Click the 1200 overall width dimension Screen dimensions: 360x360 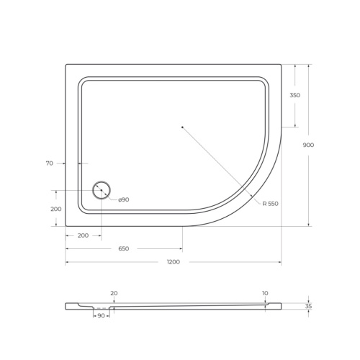point(173,261)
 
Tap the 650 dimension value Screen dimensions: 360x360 point(123,248)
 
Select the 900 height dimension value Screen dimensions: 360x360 point(308,145)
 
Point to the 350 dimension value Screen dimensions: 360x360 point(294,96)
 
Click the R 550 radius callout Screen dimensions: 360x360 point(270,204)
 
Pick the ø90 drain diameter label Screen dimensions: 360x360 point(122,199)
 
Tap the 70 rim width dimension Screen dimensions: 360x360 point(49,163)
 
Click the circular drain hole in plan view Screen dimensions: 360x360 point(101,191)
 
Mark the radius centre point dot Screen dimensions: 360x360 point(183,127)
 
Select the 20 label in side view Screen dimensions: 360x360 point(114,293)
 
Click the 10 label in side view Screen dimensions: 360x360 point(266,293)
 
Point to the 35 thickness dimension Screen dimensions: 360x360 point(308,306)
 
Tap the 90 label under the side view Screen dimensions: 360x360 point(101,316)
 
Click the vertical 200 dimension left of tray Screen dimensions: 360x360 point(56,209)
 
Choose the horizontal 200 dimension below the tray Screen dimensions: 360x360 point(83,235)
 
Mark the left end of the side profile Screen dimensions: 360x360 point(67,306)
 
